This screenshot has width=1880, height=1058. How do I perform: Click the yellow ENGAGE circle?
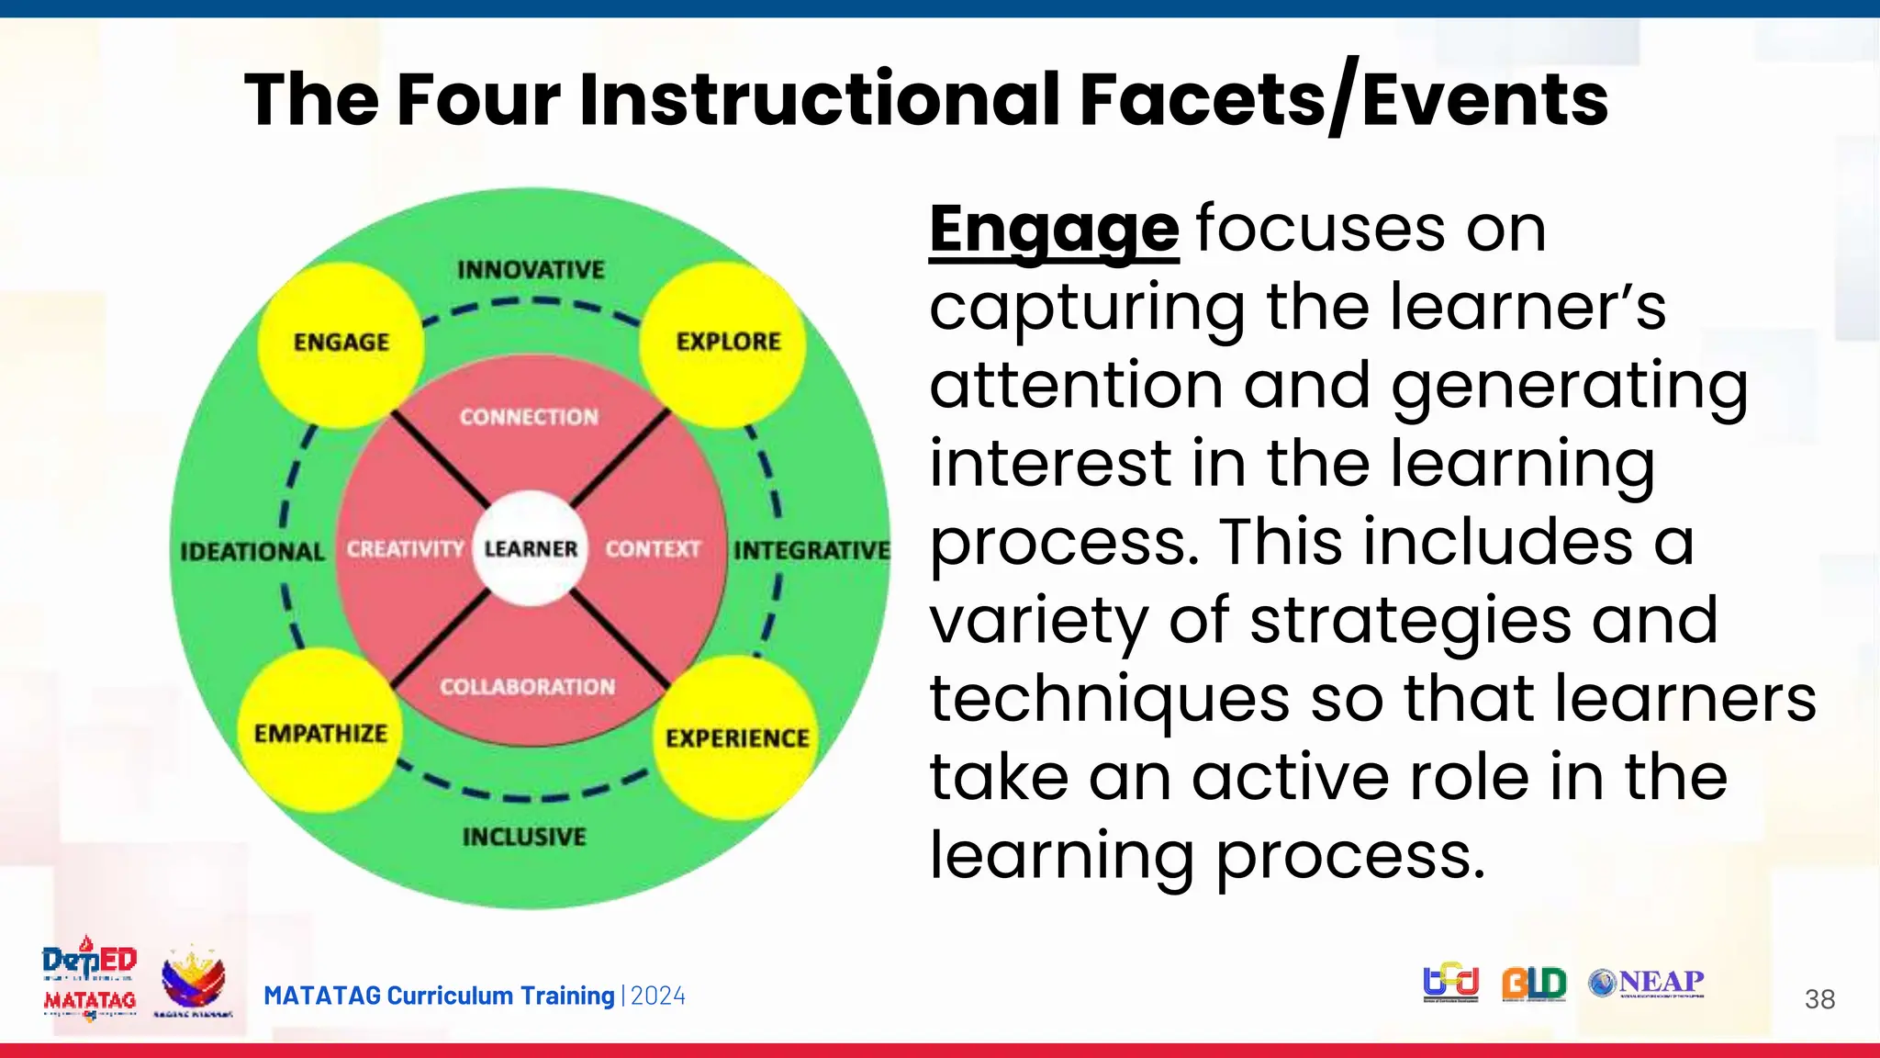(x=341, y=344)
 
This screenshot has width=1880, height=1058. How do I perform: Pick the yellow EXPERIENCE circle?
(x=737, y=737)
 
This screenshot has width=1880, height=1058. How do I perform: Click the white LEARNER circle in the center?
(x=531, y=548)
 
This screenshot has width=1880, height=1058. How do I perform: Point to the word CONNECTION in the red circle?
(x=529, y=417)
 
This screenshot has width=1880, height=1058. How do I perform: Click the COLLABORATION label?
(x=527, y=687)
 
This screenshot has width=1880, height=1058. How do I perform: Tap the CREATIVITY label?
(x=405, y=549)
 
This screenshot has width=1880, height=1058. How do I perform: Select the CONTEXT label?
(x=653, y=549)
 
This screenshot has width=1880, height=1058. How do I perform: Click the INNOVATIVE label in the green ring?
(x=531, y=270)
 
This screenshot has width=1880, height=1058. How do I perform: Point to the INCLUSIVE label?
(x=524, y=837)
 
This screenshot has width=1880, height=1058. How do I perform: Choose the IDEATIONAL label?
(x=252, y=552)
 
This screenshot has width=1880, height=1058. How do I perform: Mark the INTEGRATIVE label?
(x=811, y=550)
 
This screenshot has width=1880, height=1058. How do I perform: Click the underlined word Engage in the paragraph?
(x=1053, y=230)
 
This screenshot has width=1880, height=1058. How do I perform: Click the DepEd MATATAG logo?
(x=90, y=979)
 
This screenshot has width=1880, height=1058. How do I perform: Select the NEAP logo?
(x=1647, y=983)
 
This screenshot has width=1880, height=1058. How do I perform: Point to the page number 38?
(x=1819, y=999)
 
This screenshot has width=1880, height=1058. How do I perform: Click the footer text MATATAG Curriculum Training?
(x=439, y=996)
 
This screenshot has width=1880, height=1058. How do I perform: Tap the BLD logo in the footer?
(x=1534, y=983)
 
